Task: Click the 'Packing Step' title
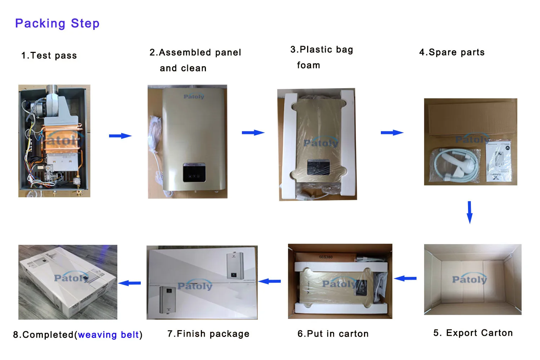tap(57, 23)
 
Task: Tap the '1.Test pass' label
tap(49, 56)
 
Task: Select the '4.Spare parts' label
tap(452, 53)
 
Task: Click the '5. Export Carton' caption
tap(473, 333)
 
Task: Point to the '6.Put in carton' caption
tap(333, 334)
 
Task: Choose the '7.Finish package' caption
tap(208, 334)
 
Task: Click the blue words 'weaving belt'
tap(108, 335)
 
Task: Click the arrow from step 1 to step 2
tap(120, 136)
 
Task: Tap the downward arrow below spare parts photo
tap(469, 212)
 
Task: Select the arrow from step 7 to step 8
tap(130, 283)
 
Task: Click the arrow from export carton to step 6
tap(405, 278)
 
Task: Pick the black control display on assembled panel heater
tap(194, 172)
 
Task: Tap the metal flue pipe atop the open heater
tap(53, 90)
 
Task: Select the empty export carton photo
tap(472, 279)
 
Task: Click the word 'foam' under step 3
tap(309, 66)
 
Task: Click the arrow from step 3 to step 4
tap(392, 133)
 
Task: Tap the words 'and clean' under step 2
tap(183, 68)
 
